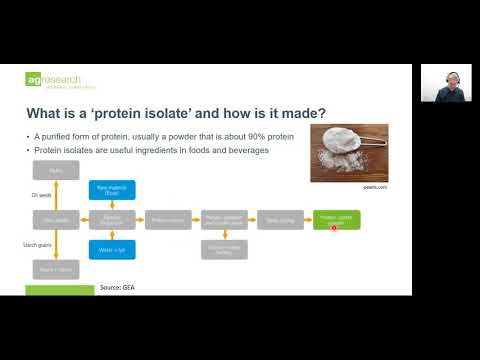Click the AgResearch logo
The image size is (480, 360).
click(56, 80)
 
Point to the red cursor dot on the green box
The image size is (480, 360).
click(334, 227)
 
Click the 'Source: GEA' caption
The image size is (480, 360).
click(117, 288)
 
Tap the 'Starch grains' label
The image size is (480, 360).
click(38, 244)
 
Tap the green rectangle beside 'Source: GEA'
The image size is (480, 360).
click(59, 290)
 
